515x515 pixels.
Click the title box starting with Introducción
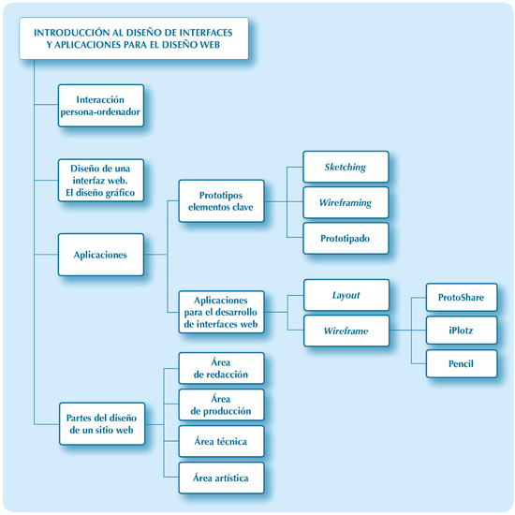[133, 38]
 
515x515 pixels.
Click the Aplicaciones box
[101, 255]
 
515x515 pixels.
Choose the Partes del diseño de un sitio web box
[101, 423]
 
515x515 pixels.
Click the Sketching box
[346, 168]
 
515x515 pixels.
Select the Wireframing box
[346, 202]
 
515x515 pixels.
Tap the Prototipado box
[346, 238]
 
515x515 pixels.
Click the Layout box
[346, 295]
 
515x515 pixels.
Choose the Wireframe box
[346, 331]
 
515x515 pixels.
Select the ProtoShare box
[461, 298]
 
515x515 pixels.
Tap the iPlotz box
[461, 330]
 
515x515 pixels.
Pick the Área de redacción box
[220, 368]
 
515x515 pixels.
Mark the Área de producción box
[220, 405]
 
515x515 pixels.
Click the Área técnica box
[220, 441]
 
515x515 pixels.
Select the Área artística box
[220, 478]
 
